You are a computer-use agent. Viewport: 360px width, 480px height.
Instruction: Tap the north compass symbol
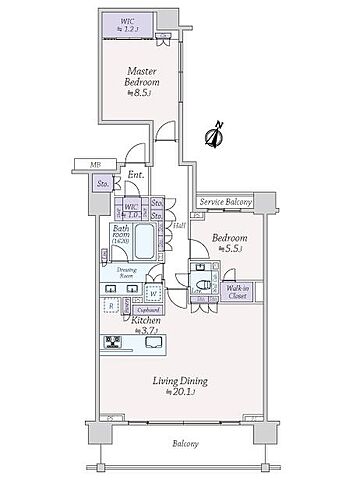[x=212, y=133]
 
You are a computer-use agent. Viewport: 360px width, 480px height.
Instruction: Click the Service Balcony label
[x=225, y=201]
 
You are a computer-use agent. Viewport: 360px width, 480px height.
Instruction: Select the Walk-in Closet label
[x=237, y=292]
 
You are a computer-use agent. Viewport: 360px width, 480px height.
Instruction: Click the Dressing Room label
[x=128, y=271]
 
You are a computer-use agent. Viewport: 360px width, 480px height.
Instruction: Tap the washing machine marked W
[x=153, y=293]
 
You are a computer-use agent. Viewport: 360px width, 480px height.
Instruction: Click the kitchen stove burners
[x=113, y=343]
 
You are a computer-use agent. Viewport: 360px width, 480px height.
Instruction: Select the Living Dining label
[x=176, y=381]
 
